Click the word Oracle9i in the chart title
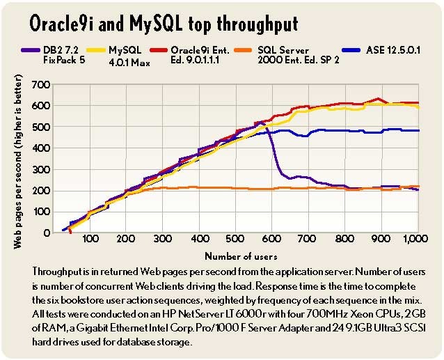pos(63,23)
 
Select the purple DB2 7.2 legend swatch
pos(31,50)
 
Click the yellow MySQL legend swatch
pos(96,50)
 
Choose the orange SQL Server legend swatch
pos(243,50)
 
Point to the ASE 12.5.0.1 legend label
pos(393,50)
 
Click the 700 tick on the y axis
pos(41,84)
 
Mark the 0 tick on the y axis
pos(47,233)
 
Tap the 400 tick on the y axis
pos(41,148)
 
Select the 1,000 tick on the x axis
pos(415,239)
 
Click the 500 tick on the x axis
pos(236,239)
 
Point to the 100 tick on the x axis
pos(90,239)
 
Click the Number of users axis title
pos(241,256)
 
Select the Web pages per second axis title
pos(17,162)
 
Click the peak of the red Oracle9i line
pos(378,99)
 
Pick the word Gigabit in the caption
pos(91,328)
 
